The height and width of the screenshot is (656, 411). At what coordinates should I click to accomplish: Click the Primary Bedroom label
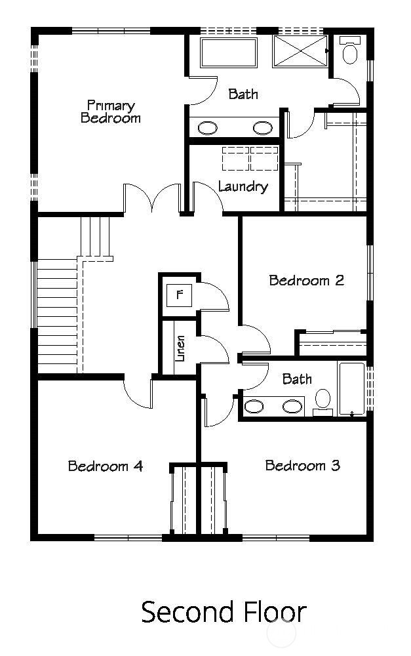click(x=110, y=112)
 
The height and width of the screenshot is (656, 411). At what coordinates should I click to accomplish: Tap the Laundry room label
click(x=243, y=186)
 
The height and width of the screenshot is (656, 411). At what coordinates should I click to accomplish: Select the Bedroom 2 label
click(x=307, y=280)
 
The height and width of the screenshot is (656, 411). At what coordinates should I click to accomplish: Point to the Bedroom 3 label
click(x=303, y=465)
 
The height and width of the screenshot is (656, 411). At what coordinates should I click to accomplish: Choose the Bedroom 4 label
click(x=106, y=466)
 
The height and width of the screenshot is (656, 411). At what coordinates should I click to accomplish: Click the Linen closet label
click(x=180, y=348)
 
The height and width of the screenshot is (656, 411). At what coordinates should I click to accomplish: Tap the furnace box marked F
click(x=180, y=295)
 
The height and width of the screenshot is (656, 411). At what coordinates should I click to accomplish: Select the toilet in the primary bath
click(x=349, y=50)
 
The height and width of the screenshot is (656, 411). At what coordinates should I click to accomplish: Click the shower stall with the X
click(x=300, y=51)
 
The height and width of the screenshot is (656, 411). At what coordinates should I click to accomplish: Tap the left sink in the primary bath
click(x=207, y=128)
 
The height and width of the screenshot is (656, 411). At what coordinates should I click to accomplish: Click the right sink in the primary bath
click(x=263, y=128)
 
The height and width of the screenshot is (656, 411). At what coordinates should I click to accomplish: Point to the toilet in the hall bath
click(x=323, y=402)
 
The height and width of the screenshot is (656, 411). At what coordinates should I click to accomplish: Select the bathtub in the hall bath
click(x=351, y=388)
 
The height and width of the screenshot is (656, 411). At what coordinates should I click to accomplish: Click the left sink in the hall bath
click(x=254, y=406)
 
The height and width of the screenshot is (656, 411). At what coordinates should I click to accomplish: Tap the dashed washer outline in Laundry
click(x=236, y=158)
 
